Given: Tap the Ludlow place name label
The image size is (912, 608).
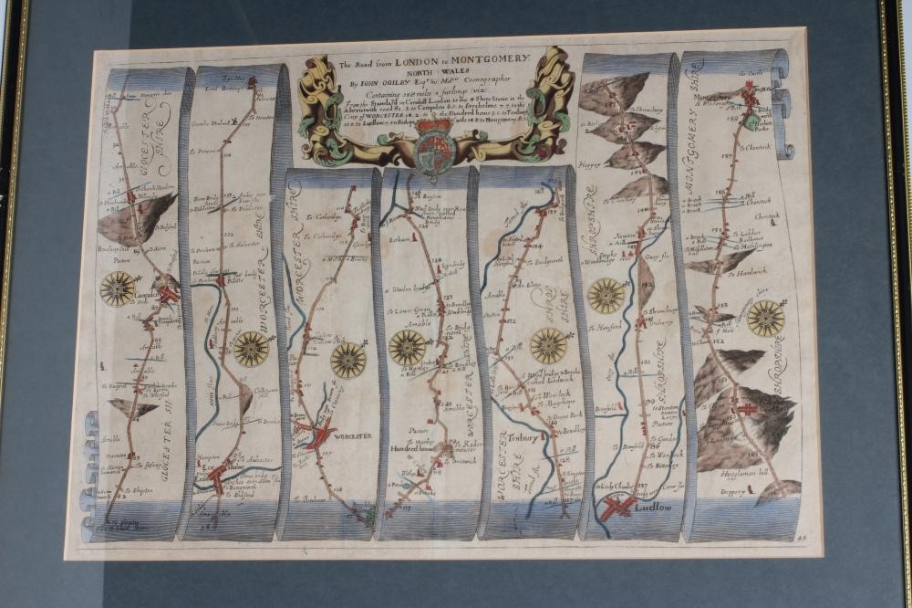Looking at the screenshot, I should (x=654, y=505).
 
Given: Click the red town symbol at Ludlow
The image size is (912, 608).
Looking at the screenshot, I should (x=617, y=506).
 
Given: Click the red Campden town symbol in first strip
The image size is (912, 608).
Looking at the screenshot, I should (x=167, y=295).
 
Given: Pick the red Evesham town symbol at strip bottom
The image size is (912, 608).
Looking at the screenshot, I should (x=217, y=476).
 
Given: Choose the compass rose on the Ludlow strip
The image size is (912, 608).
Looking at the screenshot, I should (x=606, y=295).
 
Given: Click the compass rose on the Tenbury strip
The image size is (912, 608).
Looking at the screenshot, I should (x=548, y=345).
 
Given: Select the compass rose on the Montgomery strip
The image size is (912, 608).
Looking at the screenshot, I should (x=765, y=318).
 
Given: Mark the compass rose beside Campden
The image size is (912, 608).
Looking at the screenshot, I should (x=118, y=288).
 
